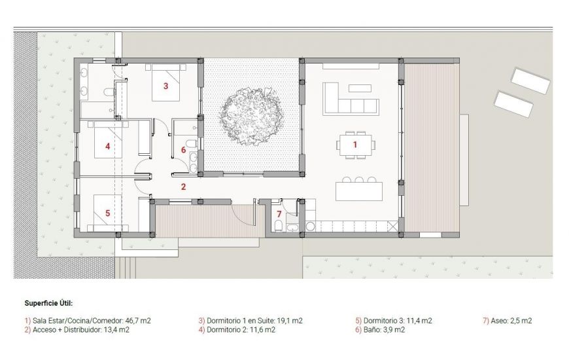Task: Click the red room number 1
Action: [x=355, y=143]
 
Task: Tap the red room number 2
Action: [x=184, y=187]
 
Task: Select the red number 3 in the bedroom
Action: [x=165, y=86]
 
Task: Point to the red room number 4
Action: [x=107, y=147]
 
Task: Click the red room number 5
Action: [x=107, y=213]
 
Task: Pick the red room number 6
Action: [x=184, y=150]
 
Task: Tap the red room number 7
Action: [x=279, y=214]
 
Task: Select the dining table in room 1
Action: [x=356, y=145]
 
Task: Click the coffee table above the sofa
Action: [x=360, y=88]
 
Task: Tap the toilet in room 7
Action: [x=278, y=226]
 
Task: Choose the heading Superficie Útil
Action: [x=49, y=304]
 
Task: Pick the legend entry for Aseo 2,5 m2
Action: [x=507, y=321]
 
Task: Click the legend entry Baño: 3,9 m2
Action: [x=380, y=330]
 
